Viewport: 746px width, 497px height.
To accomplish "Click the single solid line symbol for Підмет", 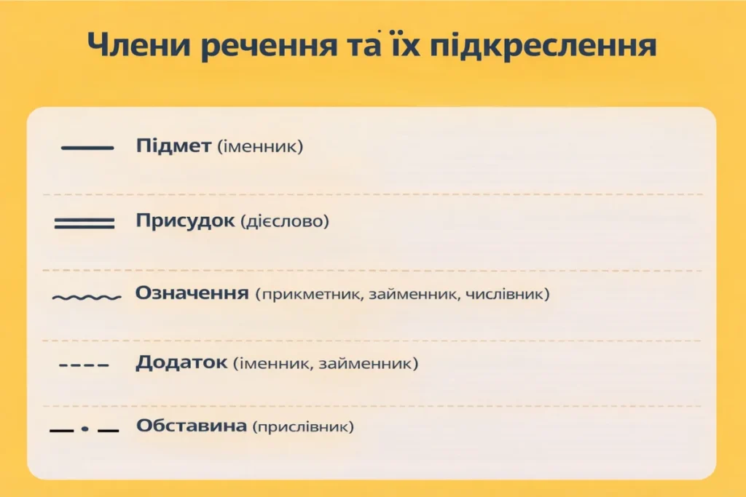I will coord(87,148).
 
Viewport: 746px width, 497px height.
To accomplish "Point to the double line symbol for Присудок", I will coord(85,223).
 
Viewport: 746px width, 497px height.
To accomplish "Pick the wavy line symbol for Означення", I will coord(87,298).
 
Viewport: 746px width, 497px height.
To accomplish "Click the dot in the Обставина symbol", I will coord(85,429).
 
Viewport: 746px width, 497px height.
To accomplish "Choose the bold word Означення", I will coord(192,295).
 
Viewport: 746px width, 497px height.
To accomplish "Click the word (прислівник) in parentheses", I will coord(303,427).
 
